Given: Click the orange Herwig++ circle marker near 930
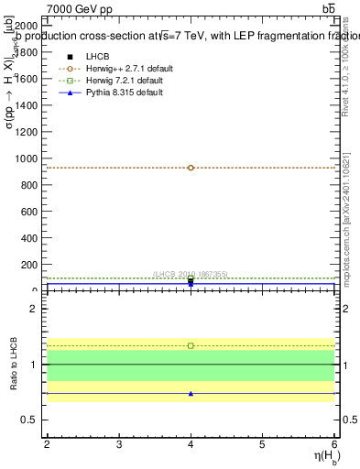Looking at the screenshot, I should tap(191, 168).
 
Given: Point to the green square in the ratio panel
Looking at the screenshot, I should tap(191, 345).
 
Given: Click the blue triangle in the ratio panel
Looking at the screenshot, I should tap(191, 393).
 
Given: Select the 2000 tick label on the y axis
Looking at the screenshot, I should tap(27, 26).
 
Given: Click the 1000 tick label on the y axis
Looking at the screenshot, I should tap(27, 158).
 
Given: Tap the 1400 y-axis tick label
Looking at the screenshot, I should tap(27, 105).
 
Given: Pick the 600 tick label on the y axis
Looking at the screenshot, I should tap(29, 212).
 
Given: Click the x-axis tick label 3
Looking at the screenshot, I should tap(119, 443).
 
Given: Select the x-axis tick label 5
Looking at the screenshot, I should tap(263, 443).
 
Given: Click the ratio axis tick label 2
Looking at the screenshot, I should tap(36, 309).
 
